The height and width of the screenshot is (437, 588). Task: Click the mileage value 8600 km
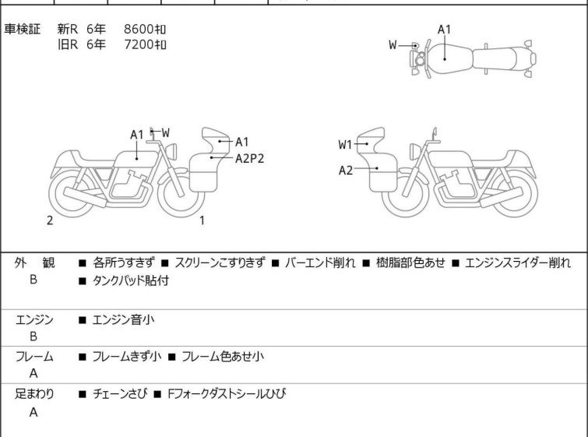[145, 29]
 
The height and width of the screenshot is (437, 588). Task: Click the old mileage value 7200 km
[145, 44]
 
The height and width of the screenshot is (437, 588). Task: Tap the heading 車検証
[23, 29]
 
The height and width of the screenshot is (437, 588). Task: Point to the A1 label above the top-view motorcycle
[445, 30]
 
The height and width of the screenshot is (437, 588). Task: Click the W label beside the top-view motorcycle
[393, 45]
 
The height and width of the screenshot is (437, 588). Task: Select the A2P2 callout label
[250, 158]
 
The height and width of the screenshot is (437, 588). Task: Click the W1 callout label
[346, 144]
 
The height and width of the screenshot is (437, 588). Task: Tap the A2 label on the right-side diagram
[346, 171]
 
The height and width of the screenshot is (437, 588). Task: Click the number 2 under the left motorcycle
[50, 220]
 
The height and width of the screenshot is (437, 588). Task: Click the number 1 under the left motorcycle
[202, 220]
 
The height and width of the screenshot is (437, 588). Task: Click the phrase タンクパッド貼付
[130, 280]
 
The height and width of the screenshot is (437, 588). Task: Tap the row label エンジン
[33, 319]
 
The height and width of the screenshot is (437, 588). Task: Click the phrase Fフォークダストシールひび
[226, 394]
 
